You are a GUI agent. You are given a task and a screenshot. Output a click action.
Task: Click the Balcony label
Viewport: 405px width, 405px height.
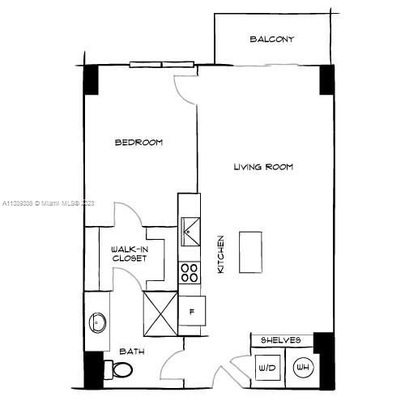pos(271,39)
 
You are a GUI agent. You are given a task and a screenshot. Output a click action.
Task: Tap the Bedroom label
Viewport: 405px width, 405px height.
pos(139,143)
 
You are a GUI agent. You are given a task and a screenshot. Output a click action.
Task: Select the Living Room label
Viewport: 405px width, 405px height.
pos(263,167)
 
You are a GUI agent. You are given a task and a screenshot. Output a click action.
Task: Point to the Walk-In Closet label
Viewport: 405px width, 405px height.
pos(130,254)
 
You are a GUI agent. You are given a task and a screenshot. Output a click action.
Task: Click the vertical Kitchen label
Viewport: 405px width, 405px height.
pos(220,254)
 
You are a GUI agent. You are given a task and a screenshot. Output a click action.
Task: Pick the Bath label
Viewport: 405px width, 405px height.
pos(132,352)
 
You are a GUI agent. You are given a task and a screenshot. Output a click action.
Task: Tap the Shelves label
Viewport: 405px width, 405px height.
pos(281,340)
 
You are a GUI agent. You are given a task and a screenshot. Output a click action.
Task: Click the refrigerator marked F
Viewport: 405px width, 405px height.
pos(192,309)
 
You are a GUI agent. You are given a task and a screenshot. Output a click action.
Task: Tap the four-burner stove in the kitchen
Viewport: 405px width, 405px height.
pos(190,273)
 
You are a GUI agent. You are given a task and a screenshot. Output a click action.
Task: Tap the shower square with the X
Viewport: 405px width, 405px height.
pos(160,313)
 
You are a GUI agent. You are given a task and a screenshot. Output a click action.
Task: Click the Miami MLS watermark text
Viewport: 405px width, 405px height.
pos(49,204)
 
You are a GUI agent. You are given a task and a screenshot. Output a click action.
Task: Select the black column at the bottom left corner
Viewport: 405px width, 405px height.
pos(94,369)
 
